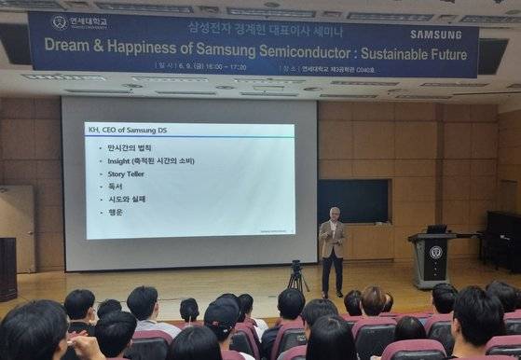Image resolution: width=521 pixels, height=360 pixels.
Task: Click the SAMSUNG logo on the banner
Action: click(435, 35)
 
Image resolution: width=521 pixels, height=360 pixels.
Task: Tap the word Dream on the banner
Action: click(69, 44)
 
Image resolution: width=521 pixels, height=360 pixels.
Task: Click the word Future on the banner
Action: click(443, 54)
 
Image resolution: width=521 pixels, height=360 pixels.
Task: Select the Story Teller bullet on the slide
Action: click(129, 173)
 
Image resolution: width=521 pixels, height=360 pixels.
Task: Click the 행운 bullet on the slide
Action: click(115, 212)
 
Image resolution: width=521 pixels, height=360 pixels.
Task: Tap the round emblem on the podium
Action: click(435, 252)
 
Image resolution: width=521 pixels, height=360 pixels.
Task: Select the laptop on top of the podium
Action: click(435, 228)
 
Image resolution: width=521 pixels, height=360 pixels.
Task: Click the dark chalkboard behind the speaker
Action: click(353, 200)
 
